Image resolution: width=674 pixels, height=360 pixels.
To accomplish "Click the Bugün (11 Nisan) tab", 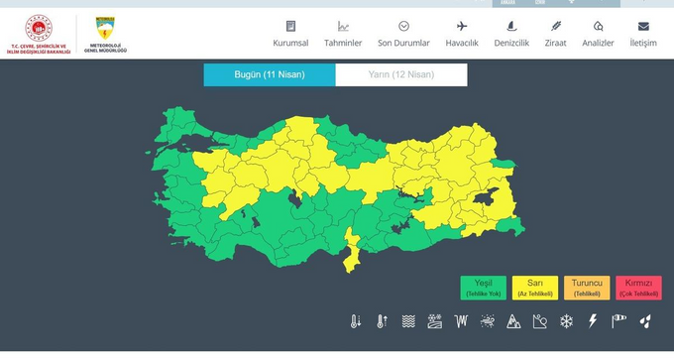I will [x=270, y=75].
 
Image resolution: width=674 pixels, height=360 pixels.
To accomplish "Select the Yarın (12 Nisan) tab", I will [x=401, y=75].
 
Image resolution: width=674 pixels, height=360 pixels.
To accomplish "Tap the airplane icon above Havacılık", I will [x=462, y=26].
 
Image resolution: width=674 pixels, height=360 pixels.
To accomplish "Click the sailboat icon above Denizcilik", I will [x=511, y=26].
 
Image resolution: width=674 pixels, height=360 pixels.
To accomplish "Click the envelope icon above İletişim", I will [x=643, y=26].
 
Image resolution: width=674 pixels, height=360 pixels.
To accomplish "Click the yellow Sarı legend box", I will [x=535, y=288].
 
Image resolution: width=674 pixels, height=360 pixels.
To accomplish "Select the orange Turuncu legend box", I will [x=587, y=288].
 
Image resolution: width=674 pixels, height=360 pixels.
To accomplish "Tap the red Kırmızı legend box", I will [x=638, y=288].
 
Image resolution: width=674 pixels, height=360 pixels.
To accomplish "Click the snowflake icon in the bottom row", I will [x=567, y=321].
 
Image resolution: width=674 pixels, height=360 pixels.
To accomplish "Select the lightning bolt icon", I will [x=593, y=321].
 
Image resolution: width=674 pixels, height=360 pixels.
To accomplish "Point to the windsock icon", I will [x=619, y=321].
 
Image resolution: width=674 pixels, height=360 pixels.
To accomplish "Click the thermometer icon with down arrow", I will [x=356, y=321].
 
